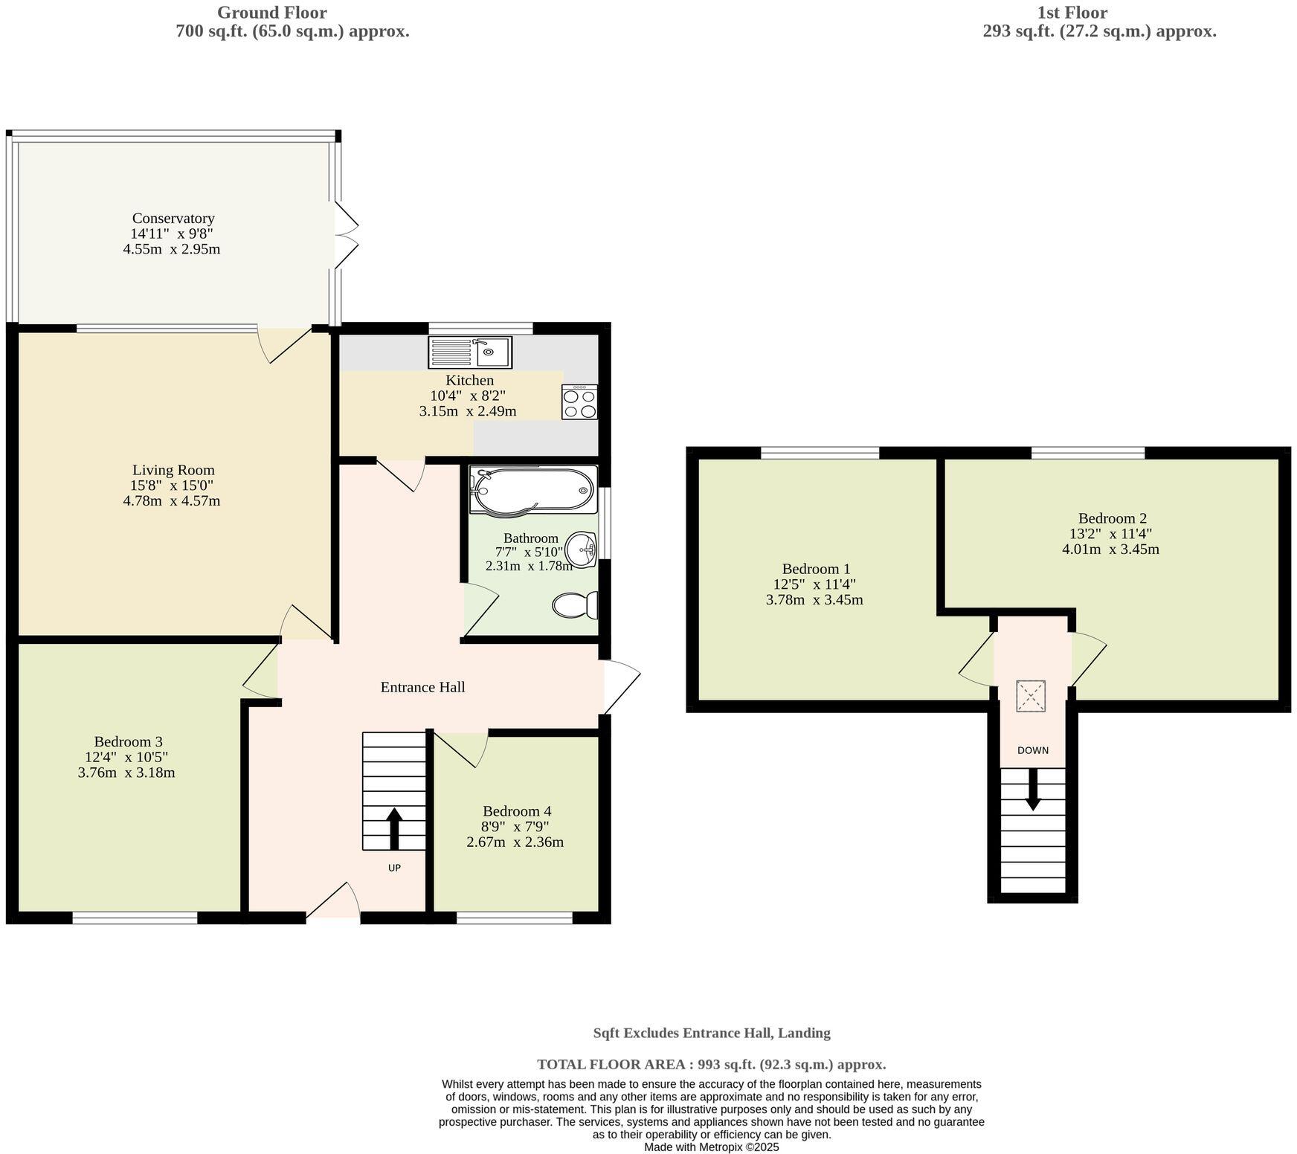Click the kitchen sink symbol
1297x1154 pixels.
470,352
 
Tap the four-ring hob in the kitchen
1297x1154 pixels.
579,402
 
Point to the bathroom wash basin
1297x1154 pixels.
581,550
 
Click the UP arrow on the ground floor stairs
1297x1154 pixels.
394,828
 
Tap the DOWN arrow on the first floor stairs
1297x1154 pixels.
1033,790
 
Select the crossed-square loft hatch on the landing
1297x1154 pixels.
1031,696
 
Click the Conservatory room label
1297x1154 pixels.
173,218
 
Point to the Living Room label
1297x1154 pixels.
173,470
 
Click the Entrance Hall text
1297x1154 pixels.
422,687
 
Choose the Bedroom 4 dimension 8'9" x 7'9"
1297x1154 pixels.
515,827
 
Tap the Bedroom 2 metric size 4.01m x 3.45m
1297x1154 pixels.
1110,549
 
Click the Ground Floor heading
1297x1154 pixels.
271,13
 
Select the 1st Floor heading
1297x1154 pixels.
1072,13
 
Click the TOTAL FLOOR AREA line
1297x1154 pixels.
711,1064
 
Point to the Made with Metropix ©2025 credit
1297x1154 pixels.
711,1147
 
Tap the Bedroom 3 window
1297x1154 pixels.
135,919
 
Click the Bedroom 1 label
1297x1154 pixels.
815,569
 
